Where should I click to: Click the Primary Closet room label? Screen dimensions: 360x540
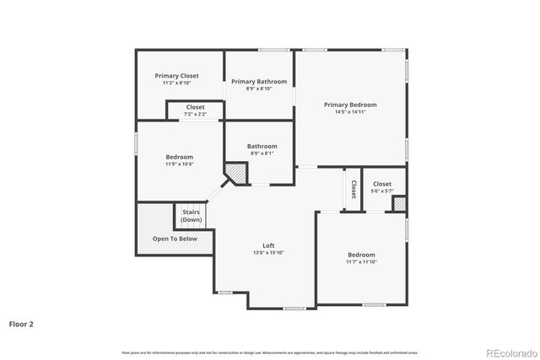pyautogui.click(x=176, y=76)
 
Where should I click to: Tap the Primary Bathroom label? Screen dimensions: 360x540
pyautogui.click(x=259, y=82)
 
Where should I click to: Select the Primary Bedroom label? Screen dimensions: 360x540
pyautogui.click(x=350, y=105)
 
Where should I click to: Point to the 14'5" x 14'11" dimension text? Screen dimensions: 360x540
pyautogui.click(x=350, y=112)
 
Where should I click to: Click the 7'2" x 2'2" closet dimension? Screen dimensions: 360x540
pyautogui.click(x=195, y=115)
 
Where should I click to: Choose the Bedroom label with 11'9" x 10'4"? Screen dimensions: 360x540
pyautogui.click(x=179, y=157)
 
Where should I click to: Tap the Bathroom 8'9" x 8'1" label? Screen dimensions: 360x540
pyautogui.click(x=262, y=146)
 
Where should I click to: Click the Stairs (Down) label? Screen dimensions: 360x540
pyautogui.click(x=191, y=216)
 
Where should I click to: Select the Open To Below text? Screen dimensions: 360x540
pyautogui.click(x=175, y=239)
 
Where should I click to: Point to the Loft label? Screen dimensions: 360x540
pyautogui.click(x=268, y=245)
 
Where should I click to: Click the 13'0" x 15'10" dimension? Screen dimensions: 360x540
pyautogui.click(x=268, y=253)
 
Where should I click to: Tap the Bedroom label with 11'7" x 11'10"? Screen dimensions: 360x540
pyautogui.click(x=361, y=255)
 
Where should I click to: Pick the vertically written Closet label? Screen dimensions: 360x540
pyautogui.click(x=354, y=188)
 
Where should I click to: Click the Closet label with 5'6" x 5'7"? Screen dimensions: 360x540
pyautogui.click(x=382, y=184)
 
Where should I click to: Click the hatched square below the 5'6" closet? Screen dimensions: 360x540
pyautogui.click(x=400, y=204)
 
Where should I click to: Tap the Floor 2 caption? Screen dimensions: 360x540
pyautogui.click(x=21, y=323)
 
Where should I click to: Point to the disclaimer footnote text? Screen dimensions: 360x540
pyautogui.click(x=269, y=352)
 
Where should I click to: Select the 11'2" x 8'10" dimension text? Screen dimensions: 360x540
pyautogui.click(x=176, y=83)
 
